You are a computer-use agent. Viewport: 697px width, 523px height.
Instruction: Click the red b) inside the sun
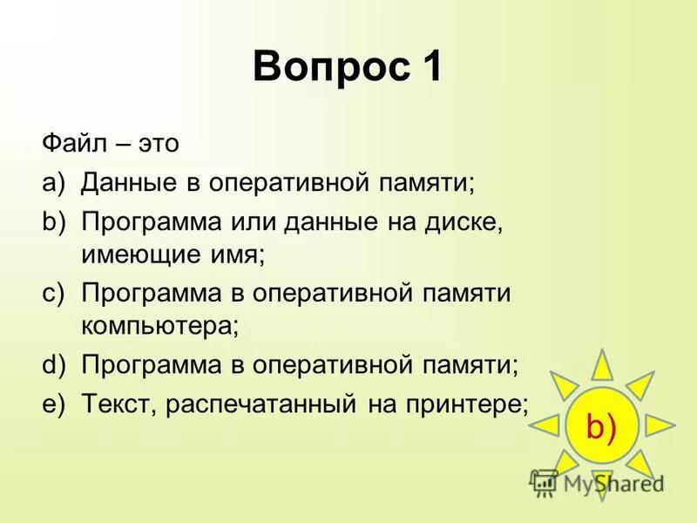[601, 427]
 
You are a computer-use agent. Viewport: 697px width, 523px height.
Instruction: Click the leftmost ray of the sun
[545, 425]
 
